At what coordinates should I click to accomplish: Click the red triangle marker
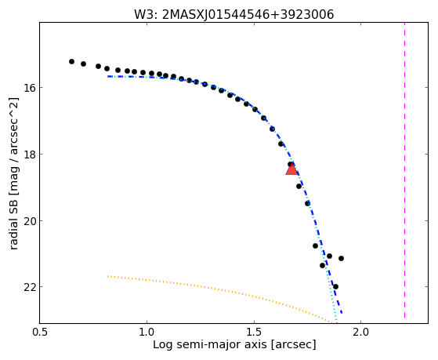291,169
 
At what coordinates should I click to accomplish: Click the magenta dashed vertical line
404,170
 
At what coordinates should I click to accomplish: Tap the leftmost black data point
71,61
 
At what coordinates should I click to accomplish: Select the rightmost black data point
341,258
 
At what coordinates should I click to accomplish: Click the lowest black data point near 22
335,286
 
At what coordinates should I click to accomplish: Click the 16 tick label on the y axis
30,88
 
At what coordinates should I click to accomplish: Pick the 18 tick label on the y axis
30,155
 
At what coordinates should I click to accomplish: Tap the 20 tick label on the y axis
30,220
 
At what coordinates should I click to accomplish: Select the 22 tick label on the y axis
30,287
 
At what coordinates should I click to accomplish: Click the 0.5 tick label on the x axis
40,332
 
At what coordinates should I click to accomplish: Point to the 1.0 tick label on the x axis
147,332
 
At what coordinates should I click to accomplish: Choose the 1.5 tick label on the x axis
254,332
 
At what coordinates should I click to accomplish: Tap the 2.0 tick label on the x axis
361,332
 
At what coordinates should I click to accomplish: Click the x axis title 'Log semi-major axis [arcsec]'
234,345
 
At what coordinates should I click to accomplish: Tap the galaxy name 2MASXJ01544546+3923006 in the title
248,15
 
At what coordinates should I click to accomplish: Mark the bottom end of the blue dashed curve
342,313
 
